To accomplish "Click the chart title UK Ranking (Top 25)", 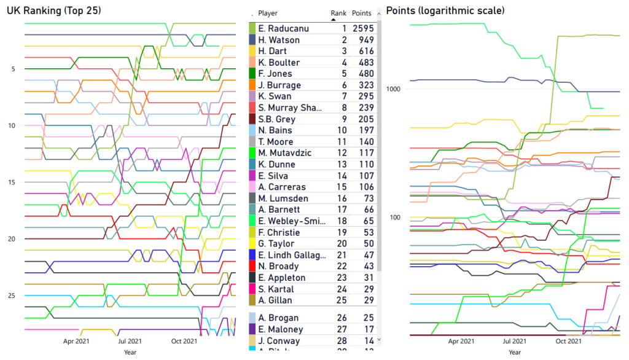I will click(53, 11).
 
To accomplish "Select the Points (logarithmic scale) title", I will click(445, 11).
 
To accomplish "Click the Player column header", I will click(268, 13).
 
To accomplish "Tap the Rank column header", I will click(338, 13).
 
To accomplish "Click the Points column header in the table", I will click(362, 13).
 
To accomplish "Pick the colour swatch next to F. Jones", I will click(252, 74).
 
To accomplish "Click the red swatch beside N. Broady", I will click(252, 266).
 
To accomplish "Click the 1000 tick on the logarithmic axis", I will click(393, 88).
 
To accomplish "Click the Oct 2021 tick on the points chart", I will click(569, 341).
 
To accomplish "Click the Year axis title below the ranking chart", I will click(130, 352).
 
